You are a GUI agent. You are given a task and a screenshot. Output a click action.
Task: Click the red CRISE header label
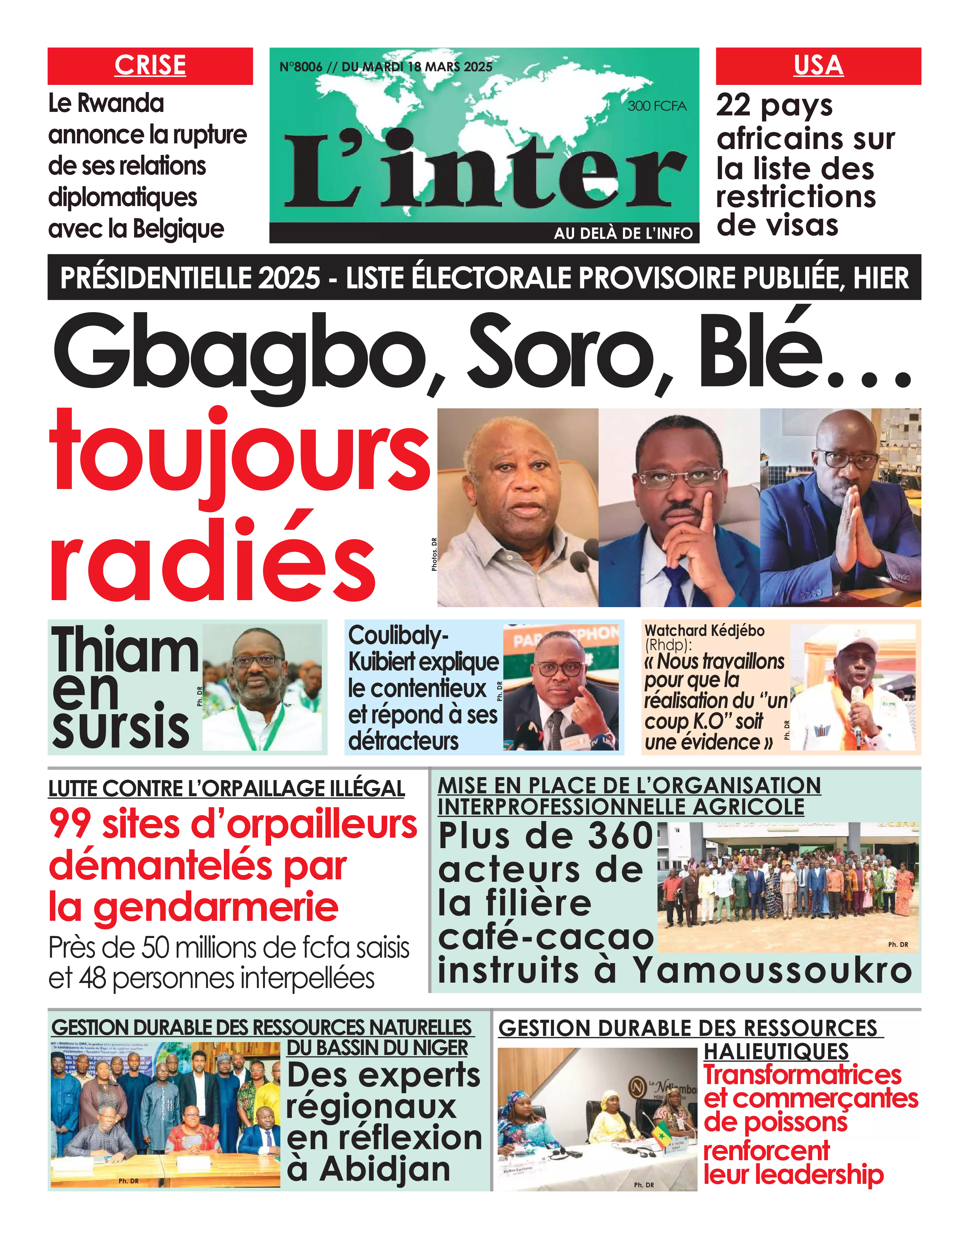coord(150,65)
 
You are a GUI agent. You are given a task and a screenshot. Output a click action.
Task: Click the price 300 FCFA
coord(657,106)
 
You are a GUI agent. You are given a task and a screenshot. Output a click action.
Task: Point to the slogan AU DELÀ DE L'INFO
coord(623,233)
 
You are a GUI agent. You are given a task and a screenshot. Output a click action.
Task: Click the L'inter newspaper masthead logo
coord(485,170)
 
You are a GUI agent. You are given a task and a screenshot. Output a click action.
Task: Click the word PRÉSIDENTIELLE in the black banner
coord(190,278)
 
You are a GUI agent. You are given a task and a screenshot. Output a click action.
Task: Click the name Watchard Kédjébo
coord(704,630)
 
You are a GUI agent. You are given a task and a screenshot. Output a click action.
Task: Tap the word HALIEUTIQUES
coord(776,1052)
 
